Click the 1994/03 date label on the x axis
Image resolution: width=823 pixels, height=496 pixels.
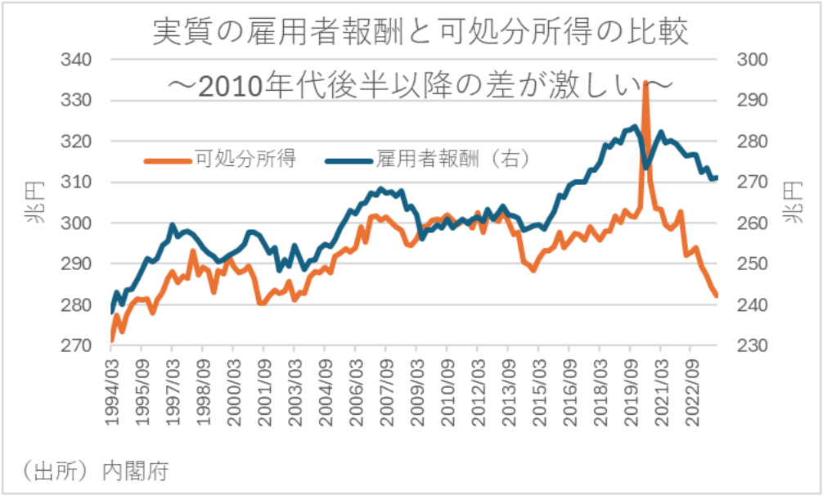(111, 390)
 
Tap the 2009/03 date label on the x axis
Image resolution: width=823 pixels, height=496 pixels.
(416, 390)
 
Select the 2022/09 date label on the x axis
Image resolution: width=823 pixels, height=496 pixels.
(691, 390)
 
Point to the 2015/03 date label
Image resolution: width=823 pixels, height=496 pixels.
(539, 390)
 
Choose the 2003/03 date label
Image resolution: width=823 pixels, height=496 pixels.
(295, 390)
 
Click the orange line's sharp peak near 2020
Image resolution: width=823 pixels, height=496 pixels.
(645, 83)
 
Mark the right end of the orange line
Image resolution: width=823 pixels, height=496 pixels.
(717, 296)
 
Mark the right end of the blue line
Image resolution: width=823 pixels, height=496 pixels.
(717, 178)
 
